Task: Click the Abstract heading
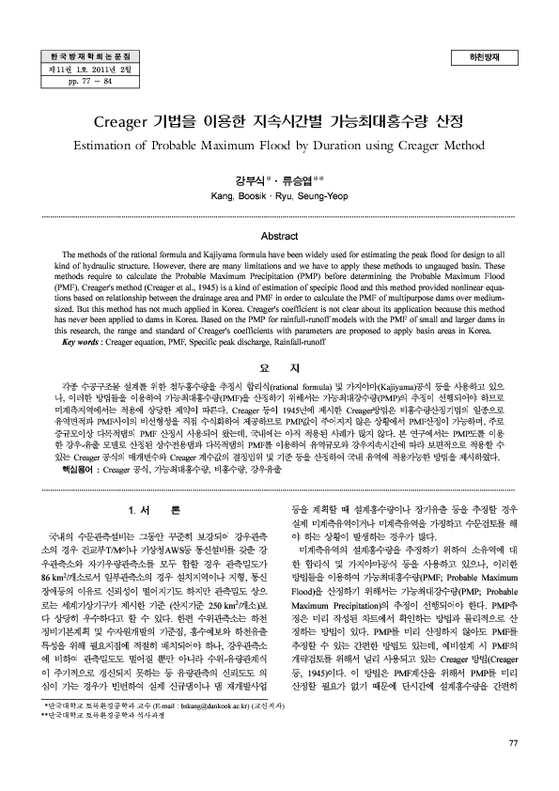[279, 237]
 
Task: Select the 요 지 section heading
[279, 366]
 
